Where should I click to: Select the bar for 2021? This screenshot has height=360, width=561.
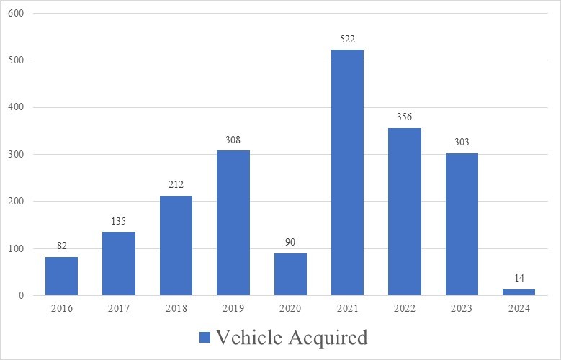tap(347, 173)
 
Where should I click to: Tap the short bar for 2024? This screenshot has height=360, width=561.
tap(519, 292)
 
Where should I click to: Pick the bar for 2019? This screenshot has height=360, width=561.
tap(233, 223)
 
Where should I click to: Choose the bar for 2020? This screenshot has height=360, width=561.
tap(290, 274)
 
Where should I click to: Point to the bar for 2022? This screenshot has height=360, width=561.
tap(404, 212)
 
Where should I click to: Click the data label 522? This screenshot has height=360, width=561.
tap(347, 40)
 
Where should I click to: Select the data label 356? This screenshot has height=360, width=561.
tap(404, 117)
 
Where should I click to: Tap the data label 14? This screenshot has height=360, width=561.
tap(519, 279)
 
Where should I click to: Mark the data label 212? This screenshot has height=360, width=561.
tap(176, 185)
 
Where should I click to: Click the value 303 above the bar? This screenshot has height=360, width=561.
tap(462, 143)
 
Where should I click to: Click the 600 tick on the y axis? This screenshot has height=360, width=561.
tap(16, 14)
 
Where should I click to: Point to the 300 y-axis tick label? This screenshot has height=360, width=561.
tap(16, 155)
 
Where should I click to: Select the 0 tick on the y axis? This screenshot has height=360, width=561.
tap(21, 296)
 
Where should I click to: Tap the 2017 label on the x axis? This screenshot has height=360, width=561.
tap(118, 309)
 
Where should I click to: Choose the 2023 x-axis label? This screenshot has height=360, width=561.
tap(462, 309)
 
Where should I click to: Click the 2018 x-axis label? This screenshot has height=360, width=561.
tap(176, 309)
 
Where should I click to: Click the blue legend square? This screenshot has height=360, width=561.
tap(204, 338)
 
